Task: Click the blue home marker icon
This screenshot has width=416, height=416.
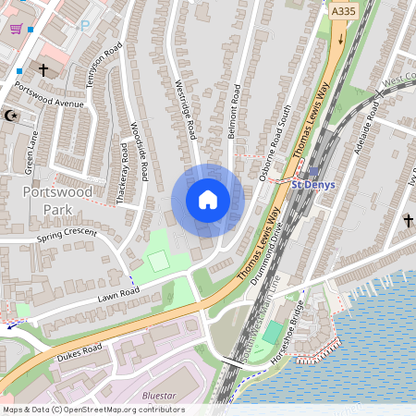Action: [x=207, y=200]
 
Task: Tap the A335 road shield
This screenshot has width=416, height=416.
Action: [x=342, y=11]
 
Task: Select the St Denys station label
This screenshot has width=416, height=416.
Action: [x=312, y=184]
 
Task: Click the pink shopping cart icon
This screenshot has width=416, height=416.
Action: [x=16, y=28]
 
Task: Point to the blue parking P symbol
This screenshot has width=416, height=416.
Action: [x=85, y=26]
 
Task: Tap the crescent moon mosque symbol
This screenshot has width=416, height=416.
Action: [x=11, y=116]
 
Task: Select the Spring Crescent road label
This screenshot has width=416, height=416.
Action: [x=67, y=235]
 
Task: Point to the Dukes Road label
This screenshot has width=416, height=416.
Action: [x=80, y=350]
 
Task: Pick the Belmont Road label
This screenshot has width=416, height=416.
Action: [x=234, y=112]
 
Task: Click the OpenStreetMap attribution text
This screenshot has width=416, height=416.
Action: [x=92, y=410]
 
